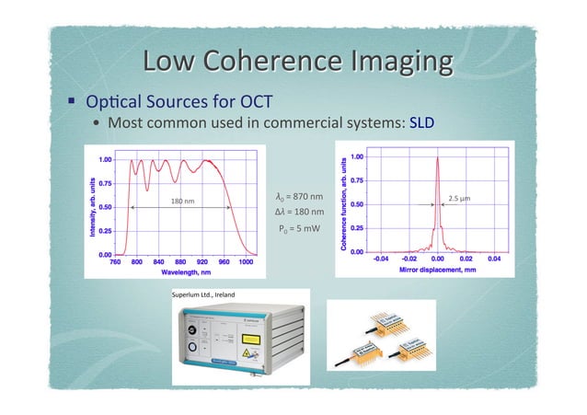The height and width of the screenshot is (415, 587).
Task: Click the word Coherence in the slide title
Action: [x=288, y=62]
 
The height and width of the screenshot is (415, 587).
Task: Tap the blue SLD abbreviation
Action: [x=421, y=123]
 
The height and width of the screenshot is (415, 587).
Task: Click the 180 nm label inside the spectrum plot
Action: [x=180, y=200]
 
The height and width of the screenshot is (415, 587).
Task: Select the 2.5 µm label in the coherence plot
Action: [x=460, y=198]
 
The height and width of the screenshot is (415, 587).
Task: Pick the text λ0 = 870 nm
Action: [x=299, y=197]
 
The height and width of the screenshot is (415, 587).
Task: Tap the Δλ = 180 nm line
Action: [x=299, y=213]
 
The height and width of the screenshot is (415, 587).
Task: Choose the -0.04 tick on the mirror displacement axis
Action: [x=379, y=259]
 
